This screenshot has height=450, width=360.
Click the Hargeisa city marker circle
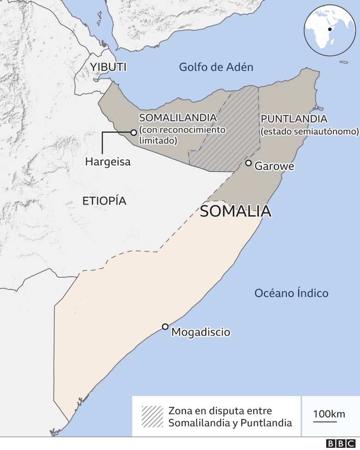click(133, 132)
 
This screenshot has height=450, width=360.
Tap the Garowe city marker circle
click(248, 163)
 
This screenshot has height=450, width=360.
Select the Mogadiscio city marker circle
click(165, 327)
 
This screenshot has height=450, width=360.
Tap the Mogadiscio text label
click(200, 332)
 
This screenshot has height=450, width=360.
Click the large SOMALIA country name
click(235, 211)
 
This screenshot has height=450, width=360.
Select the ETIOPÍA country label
click(104, 201)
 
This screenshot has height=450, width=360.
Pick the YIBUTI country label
click(108, 67)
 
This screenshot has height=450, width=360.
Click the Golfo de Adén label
click(216, 67)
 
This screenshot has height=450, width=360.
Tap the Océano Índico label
click(291, 293)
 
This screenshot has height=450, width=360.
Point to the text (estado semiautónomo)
click(309, 132)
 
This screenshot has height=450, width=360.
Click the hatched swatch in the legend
click(152, 417)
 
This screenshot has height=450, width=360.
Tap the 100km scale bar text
click(329, 414)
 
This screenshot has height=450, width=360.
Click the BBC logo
click(342, 444)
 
